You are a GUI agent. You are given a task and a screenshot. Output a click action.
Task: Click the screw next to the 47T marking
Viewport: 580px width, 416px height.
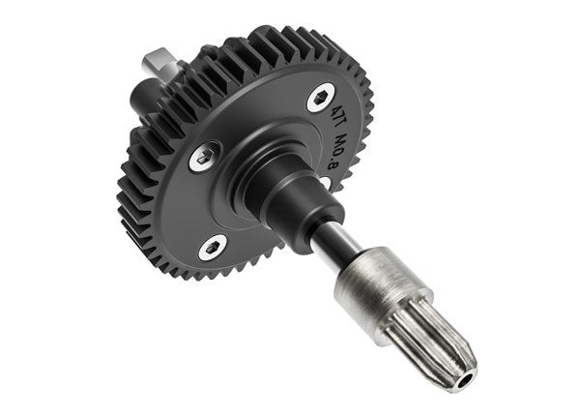tap(321, 97)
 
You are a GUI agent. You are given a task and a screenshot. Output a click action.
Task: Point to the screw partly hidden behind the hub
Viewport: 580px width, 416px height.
tap(326, 180)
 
